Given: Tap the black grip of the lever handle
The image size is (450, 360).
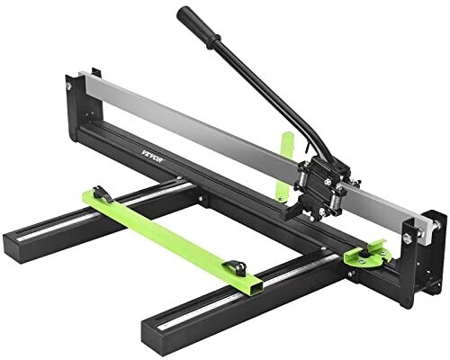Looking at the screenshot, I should tap(200, 28).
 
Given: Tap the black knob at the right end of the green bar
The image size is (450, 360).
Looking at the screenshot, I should tap(238, 265).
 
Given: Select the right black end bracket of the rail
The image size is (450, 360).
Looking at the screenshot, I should tap(433, 243).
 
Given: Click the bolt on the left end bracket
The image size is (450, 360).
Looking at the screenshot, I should tap(69, 85).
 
